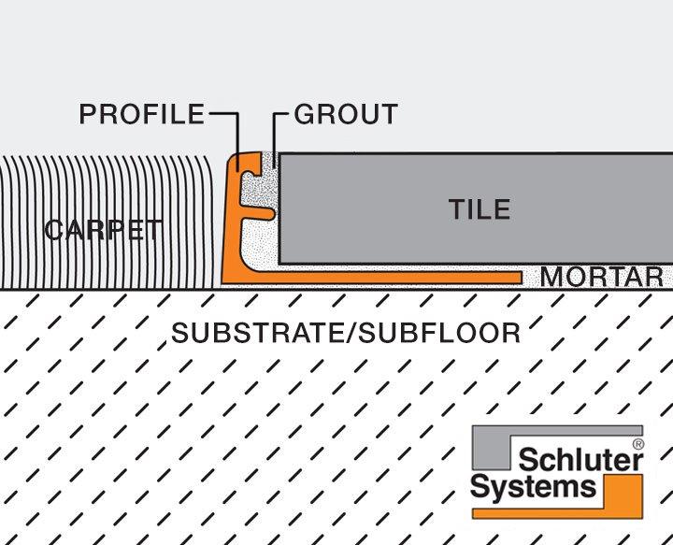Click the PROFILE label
[141, 114]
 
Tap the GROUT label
[346, 114]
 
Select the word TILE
[480, 208]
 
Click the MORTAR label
[601, 277]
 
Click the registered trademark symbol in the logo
[638, 445]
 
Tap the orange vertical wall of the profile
[231, 224]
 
